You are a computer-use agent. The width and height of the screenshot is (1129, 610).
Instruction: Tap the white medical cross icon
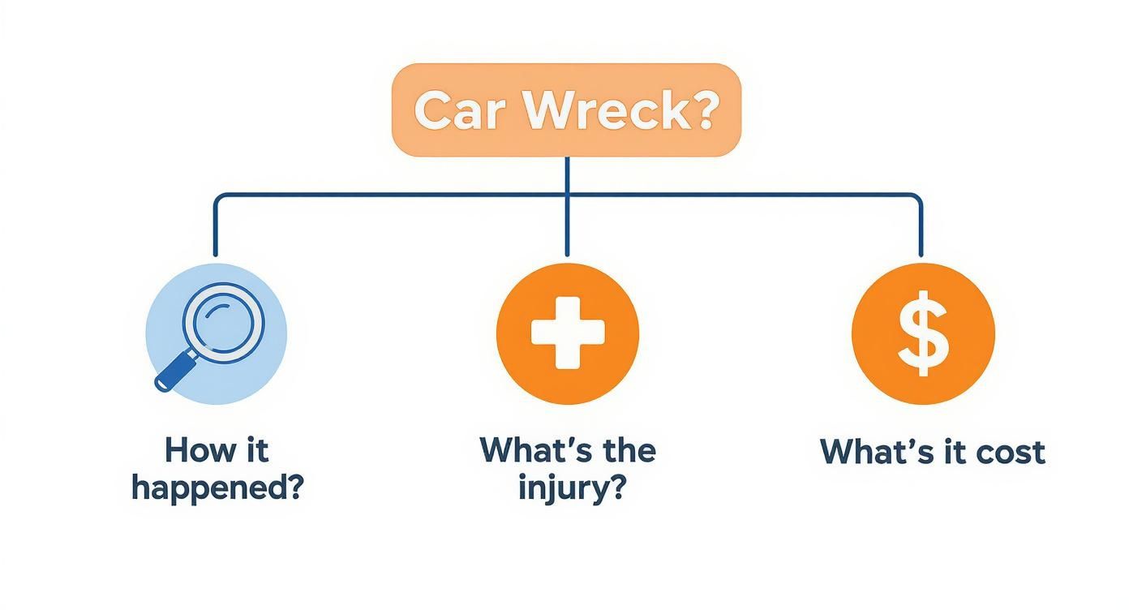click(567, 333)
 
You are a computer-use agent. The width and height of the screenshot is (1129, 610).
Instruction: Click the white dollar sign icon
click(922, 333)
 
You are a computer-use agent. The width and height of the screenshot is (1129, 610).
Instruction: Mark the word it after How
click(258, 450)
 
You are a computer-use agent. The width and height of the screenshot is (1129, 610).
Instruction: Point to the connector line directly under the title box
click(567, 174)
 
